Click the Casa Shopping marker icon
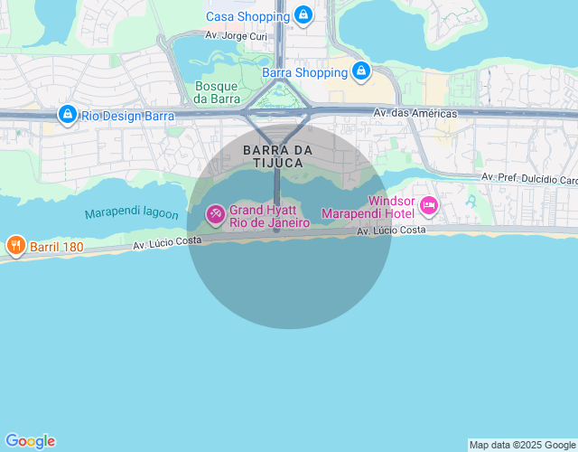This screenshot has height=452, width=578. tap(303, 15)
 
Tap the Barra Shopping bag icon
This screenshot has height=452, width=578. tap(361, 71)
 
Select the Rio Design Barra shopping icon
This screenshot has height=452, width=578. tap(67, 115)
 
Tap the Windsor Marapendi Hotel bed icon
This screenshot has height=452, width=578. tap(428, 207)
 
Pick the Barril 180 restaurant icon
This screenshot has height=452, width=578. tap(14, 245)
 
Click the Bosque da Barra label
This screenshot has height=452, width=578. tap(216, 92)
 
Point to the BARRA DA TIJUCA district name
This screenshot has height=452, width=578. tap(278, 155)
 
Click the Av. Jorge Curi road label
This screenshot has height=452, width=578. tap(237, 36)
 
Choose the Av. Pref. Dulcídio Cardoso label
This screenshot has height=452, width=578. tap(529, 178)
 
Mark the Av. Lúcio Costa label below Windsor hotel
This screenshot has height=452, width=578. tap(391, 231)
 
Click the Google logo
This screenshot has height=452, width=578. tap(29, 441)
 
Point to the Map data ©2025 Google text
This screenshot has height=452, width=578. tap(523, 445)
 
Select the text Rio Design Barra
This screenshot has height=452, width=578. tap(127, 116)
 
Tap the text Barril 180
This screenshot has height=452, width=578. tap(57, 246)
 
